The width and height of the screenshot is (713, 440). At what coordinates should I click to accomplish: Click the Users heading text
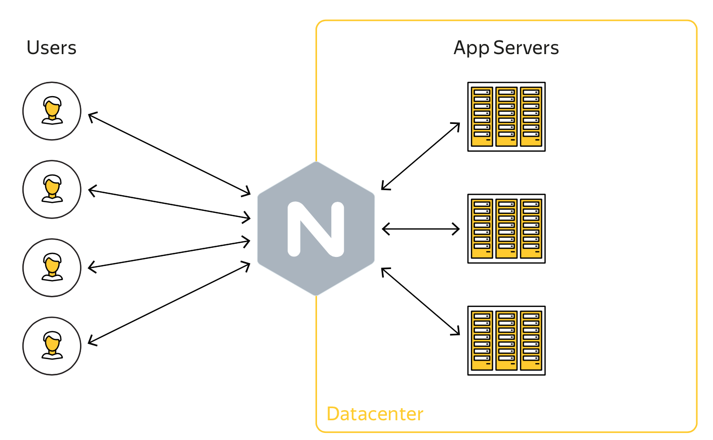click(51, 48)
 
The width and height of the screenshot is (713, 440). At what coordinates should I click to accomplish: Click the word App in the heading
click(471, 48)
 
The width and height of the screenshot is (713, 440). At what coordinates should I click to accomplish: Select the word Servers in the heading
click(526, 48)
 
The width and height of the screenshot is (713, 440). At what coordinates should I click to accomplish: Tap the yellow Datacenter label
click(375, 414)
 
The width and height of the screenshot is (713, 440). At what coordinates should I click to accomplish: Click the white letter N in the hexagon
click(316, 229)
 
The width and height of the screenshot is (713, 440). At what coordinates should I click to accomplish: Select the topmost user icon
click(52, 111)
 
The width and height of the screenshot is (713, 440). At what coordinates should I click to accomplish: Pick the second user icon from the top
click(52, 189)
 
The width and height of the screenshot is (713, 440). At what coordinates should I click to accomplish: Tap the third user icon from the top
click(52, 268)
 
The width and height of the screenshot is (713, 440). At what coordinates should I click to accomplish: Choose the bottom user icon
click(52, 346)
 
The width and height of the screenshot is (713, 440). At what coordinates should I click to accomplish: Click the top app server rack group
click(506, 117)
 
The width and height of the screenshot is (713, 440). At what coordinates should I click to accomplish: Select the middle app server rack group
click(506, 229)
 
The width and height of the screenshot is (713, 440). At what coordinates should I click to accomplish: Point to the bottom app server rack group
click(506, 340)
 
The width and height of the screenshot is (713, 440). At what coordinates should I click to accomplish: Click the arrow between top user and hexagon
click(169, 154)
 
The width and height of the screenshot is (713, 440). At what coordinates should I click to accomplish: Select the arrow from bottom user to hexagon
click(169, 303)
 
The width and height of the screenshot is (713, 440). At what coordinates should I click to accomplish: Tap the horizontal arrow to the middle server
click(420, 229)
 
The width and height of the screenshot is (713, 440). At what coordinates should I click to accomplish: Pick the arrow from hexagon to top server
click(420, 156)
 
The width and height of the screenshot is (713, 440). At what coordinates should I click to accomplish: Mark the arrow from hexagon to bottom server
click(420, 301)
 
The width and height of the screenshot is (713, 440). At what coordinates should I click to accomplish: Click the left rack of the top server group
click(482, 117)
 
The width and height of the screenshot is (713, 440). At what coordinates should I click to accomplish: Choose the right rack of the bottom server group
click(531, 340)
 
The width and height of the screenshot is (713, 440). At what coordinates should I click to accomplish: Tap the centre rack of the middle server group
click(506, 229)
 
